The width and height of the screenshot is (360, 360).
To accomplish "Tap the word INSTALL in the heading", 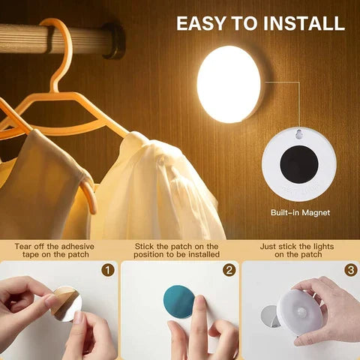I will [303, 22].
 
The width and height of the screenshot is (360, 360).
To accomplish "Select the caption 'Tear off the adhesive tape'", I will [56, 250].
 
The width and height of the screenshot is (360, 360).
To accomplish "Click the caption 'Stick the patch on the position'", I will [177, 250].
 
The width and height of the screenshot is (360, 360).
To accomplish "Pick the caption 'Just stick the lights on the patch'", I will [298, 250].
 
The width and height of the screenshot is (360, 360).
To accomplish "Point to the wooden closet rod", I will [22, 37].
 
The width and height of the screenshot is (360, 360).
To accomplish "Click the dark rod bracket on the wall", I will [114, 41].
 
